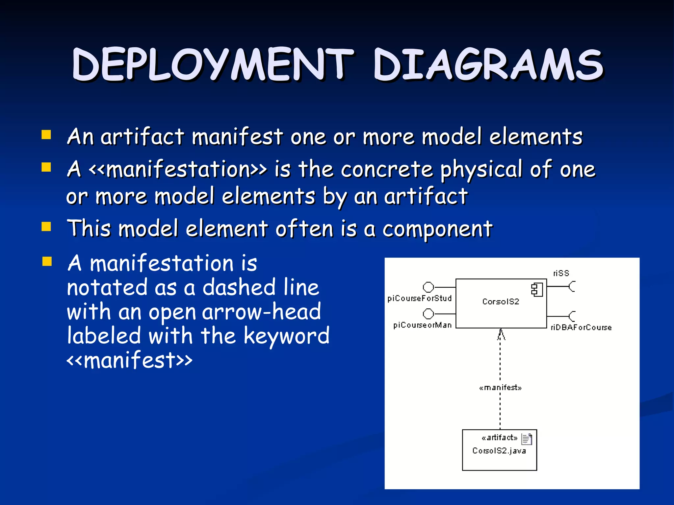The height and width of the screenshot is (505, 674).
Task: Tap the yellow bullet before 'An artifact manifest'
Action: point(46,135)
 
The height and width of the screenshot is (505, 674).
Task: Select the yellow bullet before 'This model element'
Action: point(46,227)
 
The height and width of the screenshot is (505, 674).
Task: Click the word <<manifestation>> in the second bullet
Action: point(178,169)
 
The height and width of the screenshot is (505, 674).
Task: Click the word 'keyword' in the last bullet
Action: point(286,336)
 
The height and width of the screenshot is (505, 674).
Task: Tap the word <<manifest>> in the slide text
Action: point(129,360)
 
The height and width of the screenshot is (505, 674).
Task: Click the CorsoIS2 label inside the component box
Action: point(501,301)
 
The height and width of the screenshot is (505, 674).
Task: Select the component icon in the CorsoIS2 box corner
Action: point(537,290)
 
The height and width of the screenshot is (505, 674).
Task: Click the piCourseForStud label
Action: point(419,298)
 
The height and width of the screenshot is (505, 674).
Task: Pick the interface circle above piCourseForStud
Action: point(428,287)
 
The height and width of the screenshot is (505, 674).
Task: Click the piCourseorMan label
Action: point(422,325)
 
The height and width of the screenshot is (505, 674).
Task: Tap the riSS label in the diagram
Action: point(561,273)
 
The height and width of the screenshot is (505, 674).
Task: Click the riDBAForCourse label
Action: point(581,327)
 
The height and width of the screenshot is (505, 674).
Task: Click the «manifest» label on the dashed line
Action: point(500,388)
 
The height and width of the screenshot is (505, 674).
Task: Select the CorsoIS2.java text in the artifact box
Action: point(499,451)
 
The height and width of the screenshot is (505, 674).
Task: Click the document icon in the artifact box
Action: point(527,439)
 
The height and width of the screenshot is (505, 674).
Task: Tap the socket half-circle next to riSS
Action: point(572,287)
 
